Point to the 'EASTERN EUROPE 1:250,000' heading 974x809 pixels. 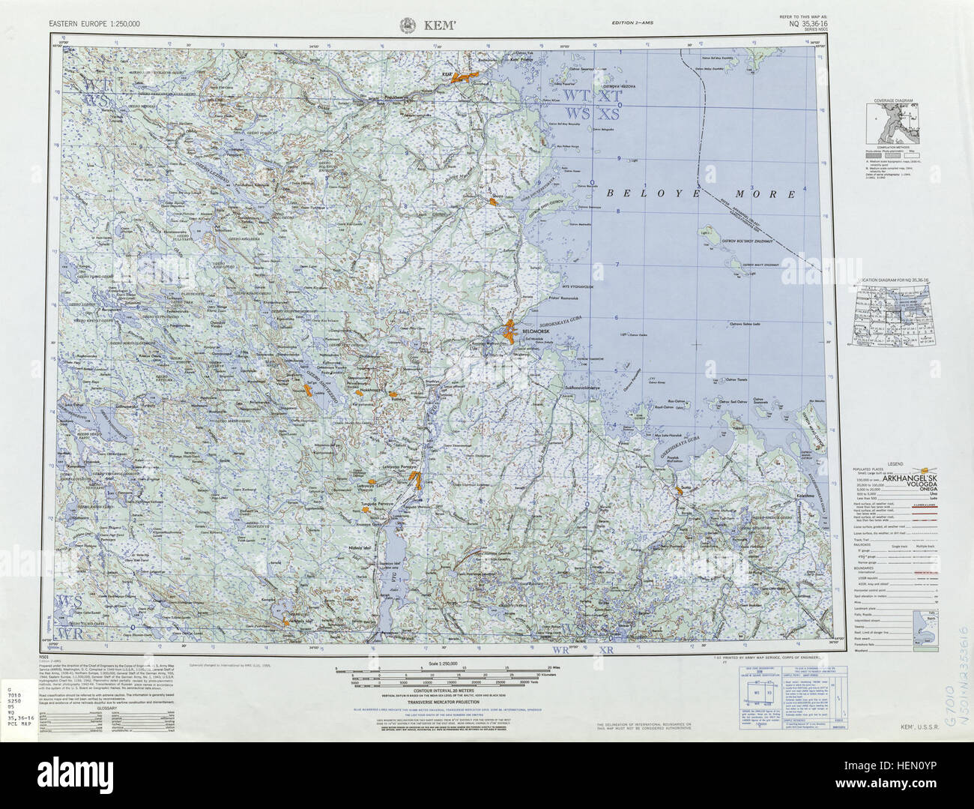(94, 23)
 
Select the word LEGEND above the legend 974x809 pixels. (891, 464)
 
